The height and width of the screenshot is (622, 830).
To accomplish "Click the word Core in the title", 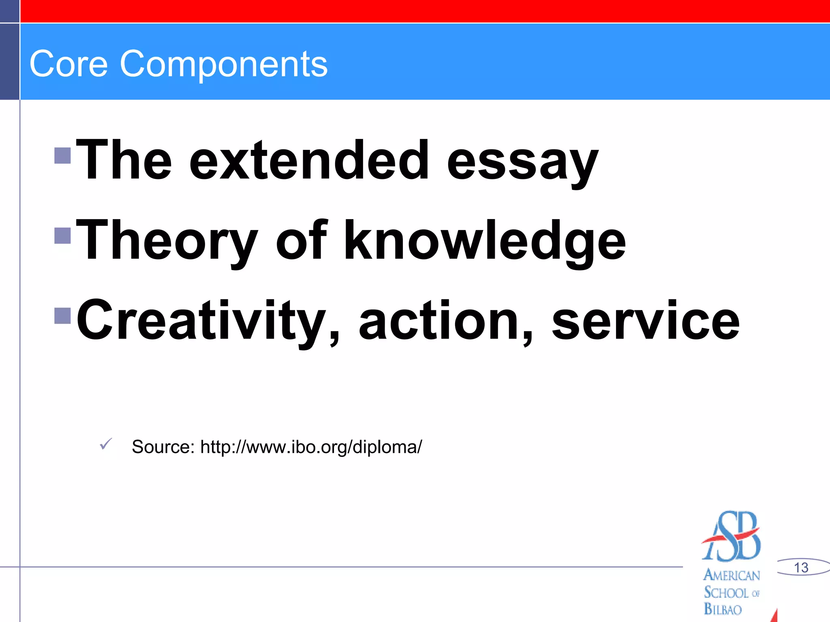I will pyautogui.click(x=68, y=64).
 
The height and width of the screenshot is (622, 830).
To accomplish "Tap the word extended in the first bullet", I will pyautogui.click(x=309, y=160).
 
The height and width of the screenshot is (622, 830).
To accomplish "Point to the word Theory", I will pyautogui.click(x=167, y=241).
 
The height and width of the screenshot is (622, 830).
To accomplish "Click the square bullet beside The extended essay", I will pyautogui.click(x=62, y=155).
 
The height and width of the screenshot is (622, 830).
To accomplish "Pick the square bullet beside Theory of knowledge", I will pyautogui.click(x=62, y=235).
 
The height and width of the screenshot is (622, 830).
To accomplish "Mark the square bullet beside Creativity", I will pyautogui.click(x=62, y=316).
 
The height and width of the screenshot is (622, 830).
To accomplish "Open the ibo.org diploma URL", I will pyautogui.click(x=311, y=447).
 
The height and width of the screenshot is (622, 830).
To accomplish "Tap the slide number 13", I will pyautogui.click(x=801, y=567).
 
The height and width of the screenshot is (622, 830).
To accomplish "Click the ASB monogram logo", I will pyautogui.click(x=732, y=536).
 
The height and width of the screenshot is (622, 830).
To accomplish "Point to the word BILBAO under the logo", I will pyautogui.click(x=723, y=609).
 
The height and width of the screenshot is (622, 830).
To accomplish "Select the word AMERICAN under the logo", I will pyautogui.click(x=732, y=575).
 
